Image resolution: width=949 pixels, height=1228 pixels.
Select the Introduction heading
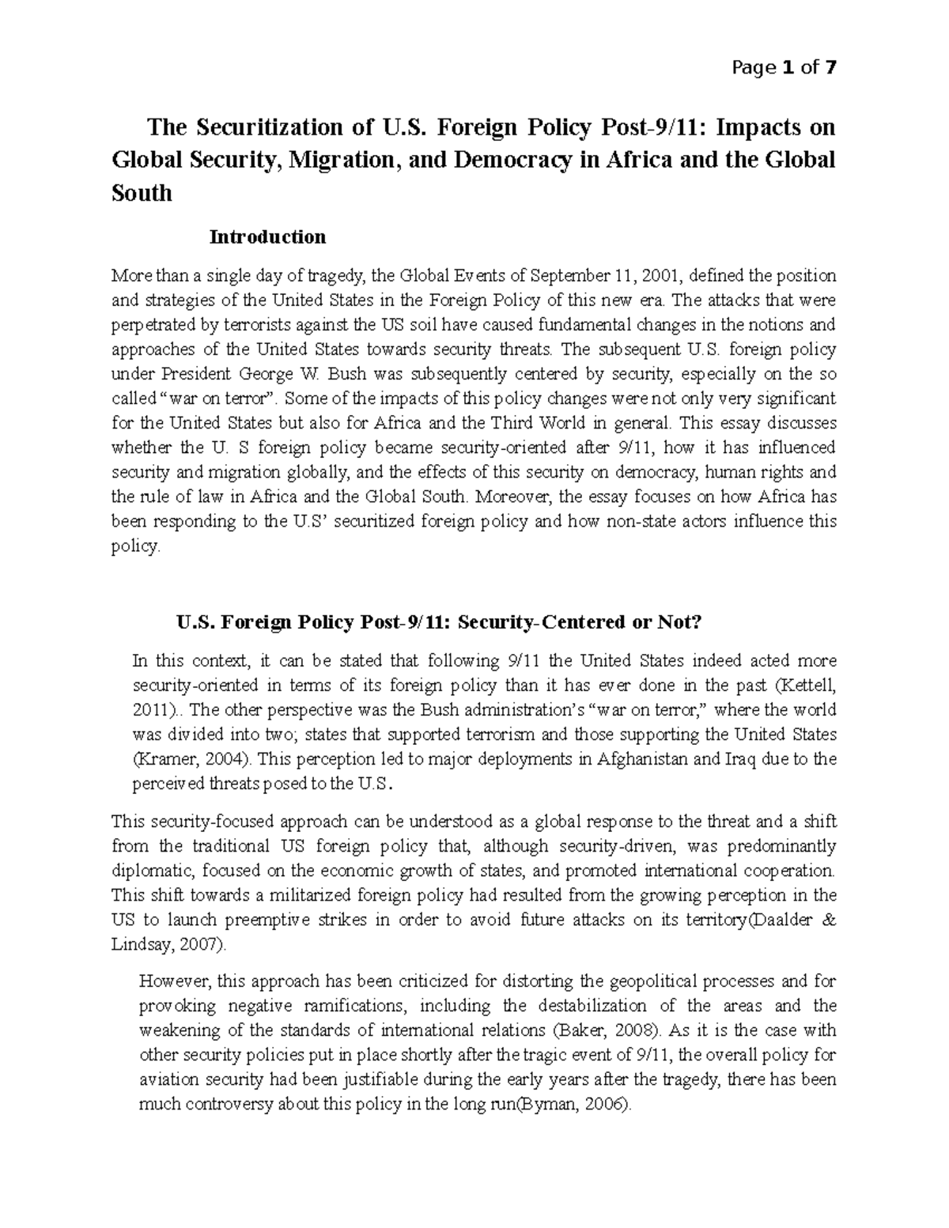267,236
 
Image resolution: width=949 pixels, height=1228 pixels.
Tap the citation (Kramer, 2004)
194,759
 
